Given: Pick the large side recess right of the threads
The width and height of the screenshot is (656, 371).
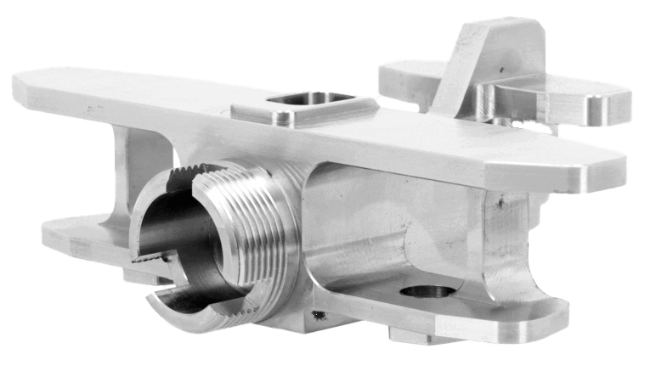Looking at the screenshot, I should coord(374,229).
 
